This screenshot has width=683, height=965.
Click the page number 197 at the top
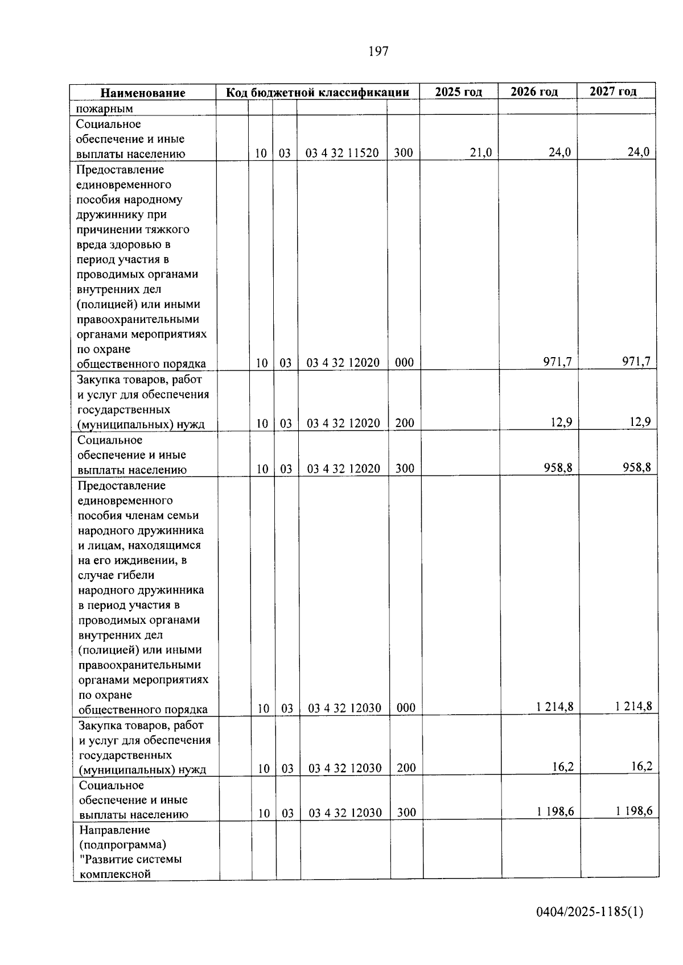pos(378,52)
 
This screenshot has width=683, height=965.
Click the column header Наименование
pos(143,93)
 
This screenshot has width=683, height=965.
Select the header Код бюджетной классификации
pos(318,92)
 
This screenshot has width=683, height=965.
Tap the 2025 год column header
pos(458,92)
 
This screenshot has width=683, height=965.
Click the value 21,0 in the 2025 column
pos(481,152)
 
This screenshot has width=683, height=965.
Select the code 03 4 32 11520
pos(342,153)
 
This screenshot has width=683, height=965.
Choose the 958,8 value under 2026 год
pos(558,467)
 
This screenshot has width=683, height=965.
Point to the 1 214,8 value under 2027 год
pos(633,706)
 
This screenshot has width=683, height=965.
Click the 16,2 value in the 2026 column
pos(563,767)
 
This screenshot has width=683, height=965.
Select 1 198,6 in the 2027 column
pos(634,811)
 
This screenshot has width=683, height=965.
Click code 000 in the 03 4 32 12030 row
pos(406,708)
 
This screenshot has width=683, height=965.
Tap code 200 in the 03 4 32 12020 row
pos(405,423)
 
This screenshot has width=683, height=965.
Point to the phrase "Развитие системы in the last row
pos(130,859)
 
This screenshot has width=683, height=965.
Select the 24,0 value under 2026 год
pos(559,152)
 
